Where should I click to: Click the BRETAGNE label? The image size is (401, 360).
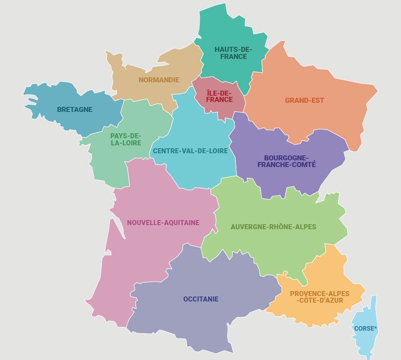[74, 110]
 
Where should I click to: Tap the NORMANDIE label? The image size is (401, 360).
[159, 80]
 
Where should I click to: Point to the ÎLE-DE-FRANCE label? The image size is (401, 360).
[219, 96]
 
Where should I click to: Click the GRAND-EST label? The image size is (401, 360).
[304, 100]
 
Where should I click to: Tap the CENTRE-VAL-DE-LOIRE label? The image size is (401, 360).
[190, 151]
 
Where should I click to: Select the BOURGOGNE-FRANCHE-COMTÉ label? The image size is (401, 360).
[287, 161]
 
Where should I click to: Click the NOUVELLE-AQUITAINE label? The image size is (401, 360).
[163, 222]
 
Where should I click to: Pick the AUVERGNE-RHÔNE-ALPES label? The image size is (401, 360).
[273, 227]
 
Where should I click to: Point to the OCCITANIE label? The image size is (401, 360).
[200, 299]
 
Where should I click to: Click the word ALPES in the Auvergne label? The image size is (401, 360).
[304, 227]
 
